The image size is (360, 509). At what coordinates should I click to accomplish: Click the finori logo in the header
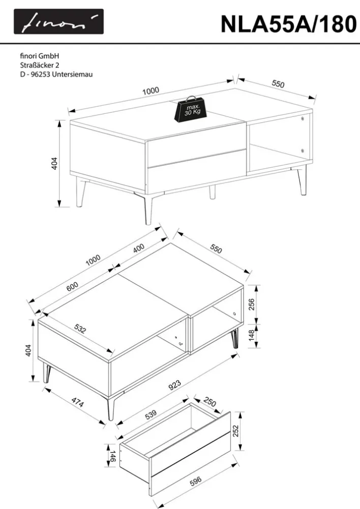[x=58, y=21]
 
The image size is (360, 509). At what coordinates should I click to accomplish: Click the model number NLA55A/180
[x=289, y=24]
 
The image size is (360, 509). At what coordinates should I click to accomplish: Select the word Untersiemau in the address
[x=72, y=74]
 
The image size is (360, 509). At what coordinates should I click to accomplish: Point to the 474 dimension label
[x=78, y=402]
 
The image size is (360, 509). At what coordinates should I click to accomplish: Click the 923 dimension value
[x=174, y=385]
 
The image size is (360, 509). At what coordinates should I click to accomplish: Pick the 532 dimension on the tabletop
[x=80, y=328]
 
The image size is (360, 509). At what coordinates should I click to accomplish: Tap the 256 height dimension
[x=251, y=304]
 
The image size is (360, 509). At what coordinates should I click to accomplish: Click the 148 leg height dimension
[x=251, y=336]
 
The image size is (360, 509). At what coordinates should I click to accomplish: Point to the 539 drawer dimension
[x=151, y=414]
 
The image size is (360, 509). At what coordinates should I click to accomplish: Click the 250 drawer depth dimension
[x=209, y=402]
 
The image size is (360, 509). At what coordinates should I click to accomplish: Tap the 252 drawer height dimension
[x=235, y=431]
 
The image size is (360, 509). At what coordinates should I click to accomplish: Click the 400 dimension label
[x=139, y=248]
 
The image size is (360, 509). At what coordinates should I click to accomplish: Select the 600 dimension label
[x=72, y=286]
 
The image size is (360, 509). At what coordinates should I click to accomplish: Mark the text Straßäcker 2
[x=40, y=65]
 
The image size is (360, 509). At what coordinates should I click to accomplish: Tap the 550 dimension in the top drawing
[x=278, y=84]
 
